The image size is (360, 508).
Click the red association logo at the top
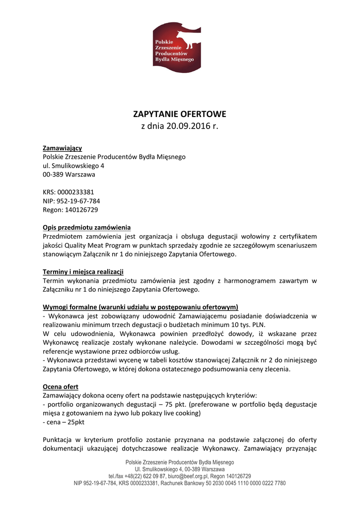point(177,48)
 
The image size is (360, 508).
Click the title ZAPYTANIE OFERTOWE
point(179,114)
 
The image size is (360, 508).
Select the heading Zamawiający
point(62,148)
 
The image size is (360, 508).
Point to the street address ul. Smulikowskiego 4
point(73,166)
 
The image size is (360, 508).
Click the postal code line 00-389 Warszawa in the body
point(69,175)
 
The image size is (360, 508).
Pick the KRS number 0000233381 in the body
point(75,192)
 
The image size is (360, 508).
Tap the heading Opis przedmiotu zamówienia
point(86,227)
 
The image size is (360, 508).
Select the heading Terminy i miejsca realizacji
point(83,271)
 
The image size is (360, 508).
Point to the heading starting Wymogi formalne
point(141,307)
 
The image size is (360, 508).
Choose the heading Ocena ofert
point(61,386)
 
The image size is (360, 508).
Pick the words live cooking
point(182,413)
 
